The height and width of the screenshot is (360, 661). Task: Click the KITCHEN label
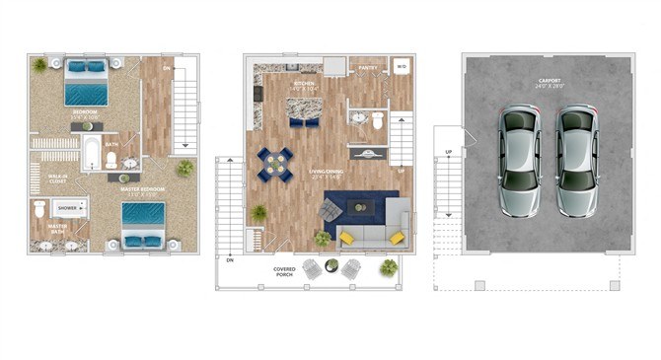pyautogui.click(x=304, y=84)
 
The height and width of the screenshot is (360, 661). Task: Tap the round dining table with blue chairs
pyautogui.click(x=276, y=163)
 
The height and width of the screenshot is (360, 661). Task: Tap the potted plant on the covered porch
pyautogui.click(x=389, y=267)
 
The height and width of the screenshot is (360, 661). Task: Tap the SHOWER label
pyautogui.click(x=67, y=209)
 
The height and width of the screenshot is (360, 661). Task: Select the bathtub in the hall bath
pyautogui.click(x=91, y=154)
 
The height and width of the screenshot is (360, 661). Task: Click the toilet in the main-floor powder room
pyautogui.click(x=377, y=120)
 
